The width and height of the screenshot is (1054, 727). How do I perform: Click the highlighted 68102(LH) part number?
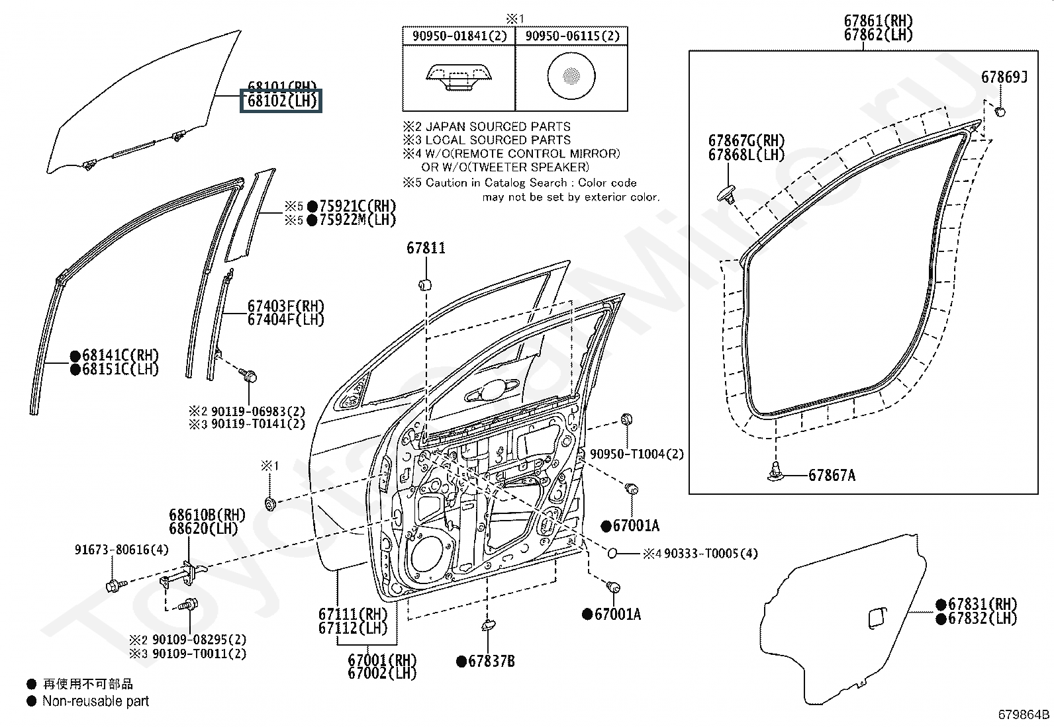point(281,101)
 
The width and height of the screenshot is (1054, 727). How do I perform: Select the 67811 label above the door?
point(426,248)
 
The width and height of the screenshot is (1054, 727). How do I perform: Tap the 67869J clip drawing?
point(1000,111)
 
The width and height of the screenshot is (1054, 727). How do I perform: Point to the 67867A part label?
point(832,476)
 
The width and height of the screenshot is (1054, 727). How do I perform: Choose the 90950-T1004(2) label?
point(636,454)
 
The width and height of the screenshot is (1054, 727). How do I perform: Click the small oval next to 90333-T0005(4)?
point(612,553)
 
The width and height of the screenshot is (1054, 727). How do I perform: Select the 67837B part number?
point(491,661)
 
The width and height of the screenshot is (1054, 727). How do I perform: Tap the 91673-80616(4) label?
point(121,550)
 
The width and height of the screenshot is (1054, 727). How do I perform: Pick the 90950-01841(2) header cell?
point(459,36)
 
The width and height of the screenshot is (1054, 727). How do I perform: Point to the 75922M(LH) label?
point(357,220)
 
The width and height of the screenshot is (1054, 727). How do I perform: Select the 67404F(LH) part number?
point(286,320)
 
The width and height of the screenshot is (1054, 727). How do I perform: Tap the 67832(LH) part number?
point(982,619)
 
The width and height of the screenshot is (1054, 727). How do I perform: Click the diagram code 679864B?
point(1024,714)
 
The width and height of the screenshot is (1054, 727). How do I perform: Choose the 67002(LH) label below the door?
point(383,673)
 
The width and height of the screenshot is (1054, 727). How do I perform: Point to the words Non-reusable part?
point(96,701)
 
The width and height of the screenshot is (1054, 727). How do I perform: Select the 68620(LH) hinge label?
point(203,529)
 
